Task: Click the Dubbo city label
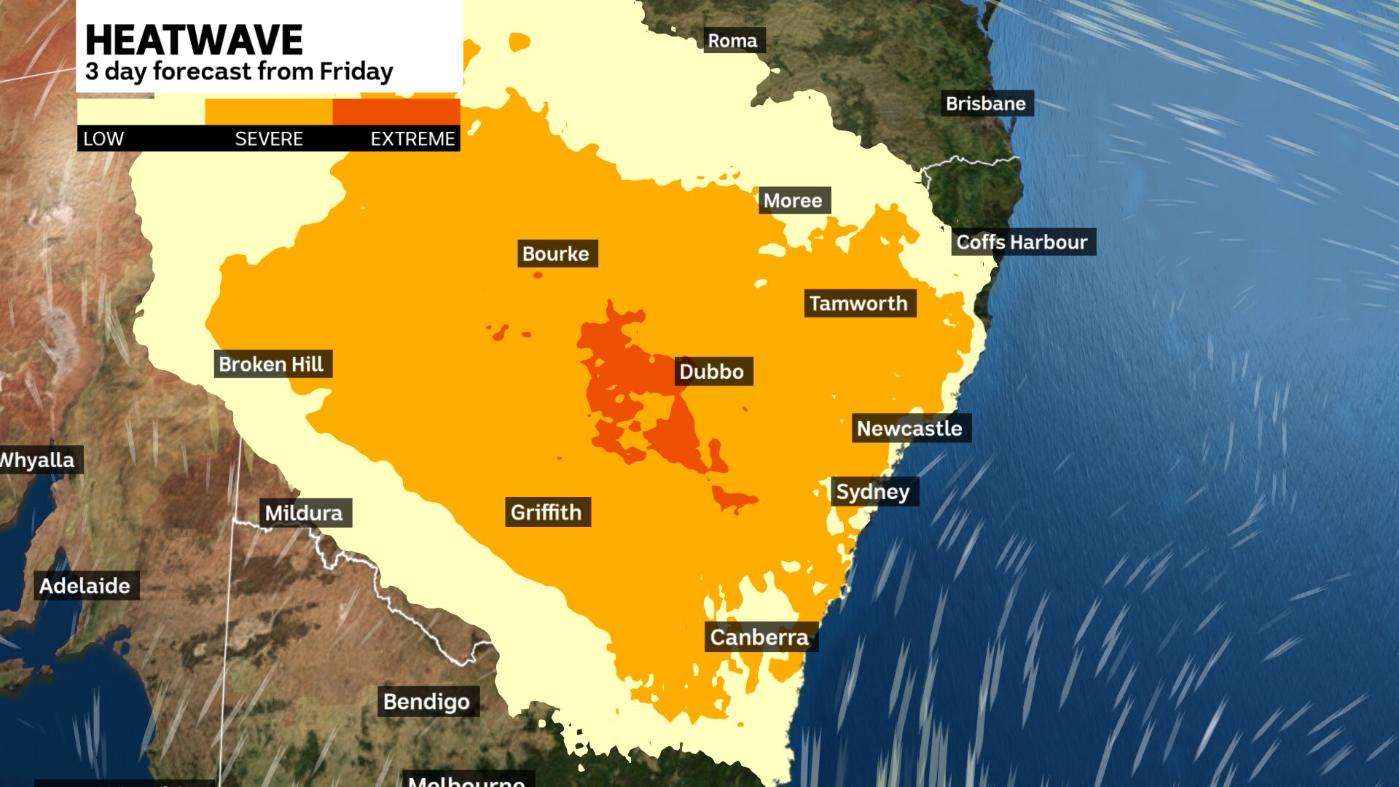712,372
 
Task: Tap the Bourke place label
556,254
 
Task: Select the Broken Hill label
271,364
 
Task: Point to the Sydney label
873,492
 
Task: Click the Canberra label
759,638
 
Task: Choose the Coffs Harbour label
1022,242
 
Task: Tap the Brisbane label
985,103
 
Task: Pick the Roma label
732,41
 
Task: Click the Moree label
793,200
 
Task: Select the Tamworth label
858,303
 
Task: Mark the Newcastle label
909,428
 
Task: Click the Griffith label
546,512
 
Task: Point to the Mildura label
304,513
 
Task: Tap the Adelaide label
85,586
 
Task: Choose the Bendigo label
426,702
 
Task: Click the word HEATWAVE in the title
194,40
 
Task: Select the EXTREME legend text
412,138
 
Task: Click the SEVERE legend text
268,138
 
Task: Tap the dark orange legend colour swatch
396,111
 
